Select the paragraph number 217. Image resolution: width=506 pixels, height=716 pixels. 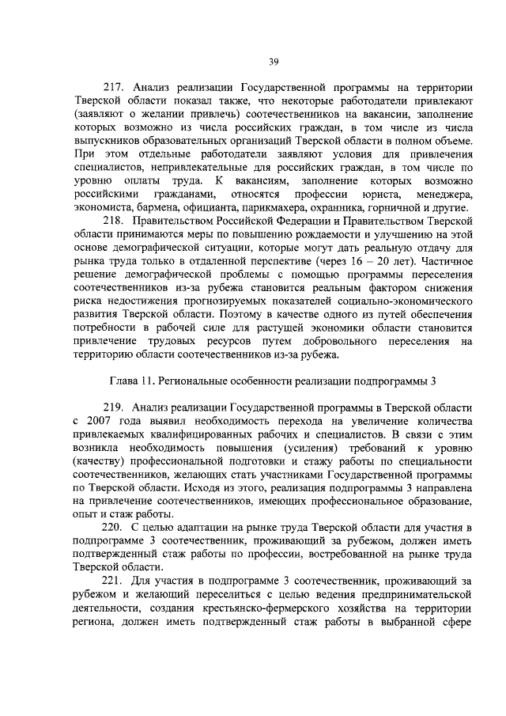[115, 88]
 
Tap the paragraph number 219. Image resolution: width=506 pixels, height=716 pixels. [115, 406]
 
